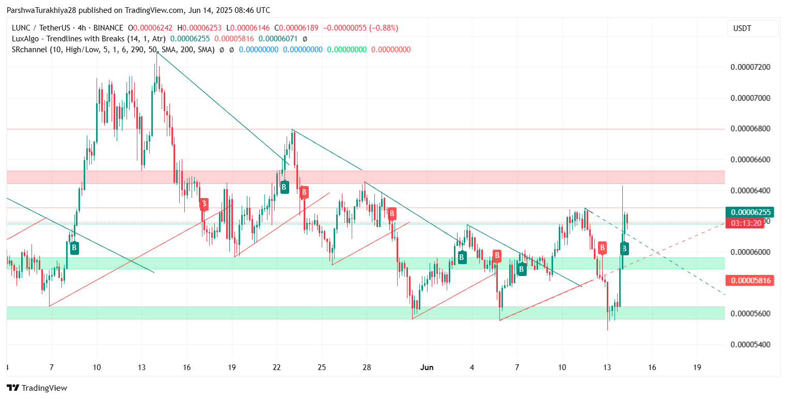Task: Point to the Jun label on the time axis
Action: pyautogui.click(x=427, y=367)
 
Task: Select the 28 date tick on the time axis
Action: pyautogui.click(x=367, y=367)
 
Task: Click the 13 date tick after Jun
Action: pyautogui.click(x=607, y=367)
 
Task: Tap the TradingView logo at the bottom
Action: pyautogui.click(x=37, y=388)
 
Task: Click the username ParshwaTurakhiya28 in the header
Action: pyautogui.click(x=42, y=10)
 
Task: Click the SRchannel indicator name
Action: pyautogui.click(x=30, y=50)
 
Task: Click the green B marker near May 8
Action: pyautogui.click(x=74, y=248)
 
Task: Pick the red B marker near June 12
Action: pyautogui.click(x=602, y=247)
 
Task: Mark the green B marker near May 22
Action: pyautogui.click(x=284, y=187)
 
